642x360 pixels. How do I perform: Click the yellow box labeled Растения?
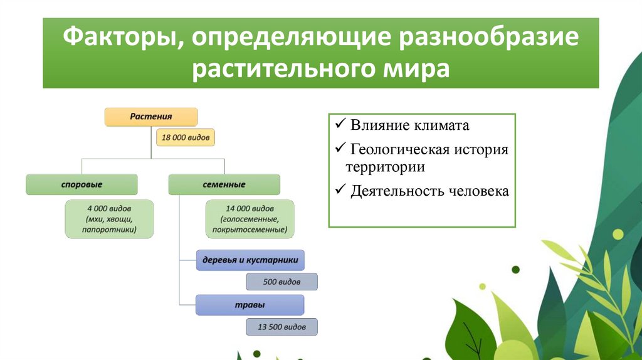[151, 117]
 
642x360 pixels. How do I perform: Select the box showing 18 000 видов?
[186, 137]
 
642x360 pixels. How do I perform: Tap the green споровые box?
[82, 185]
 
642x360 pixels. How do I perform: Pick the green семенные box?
[224, 185]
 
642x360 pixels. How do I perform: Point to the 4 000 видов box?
[109, 219]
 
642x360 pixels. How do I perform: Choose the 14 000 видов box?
[250, 219]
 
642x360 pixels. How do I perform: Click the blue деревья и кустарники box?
[250, 260]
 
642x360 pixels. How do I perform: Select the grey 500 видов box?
[282, 282]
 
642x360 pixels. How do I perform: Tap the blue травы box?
[250, 305]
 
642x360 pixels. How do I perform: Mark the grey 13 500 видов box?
[282, 327]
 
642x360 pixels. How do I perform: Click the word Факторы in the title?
[121, 37]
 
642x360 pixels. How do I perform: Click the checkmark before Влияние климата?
[340, 123]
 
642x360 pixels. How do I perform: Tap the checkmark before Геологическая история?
[340, 147]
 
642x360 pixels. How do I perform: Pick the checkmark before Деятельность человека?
[340, 189]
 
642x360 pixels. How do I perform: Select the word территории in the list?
[386, 167]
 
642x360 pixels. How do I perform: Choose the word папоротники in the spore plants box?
[109, 230]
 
